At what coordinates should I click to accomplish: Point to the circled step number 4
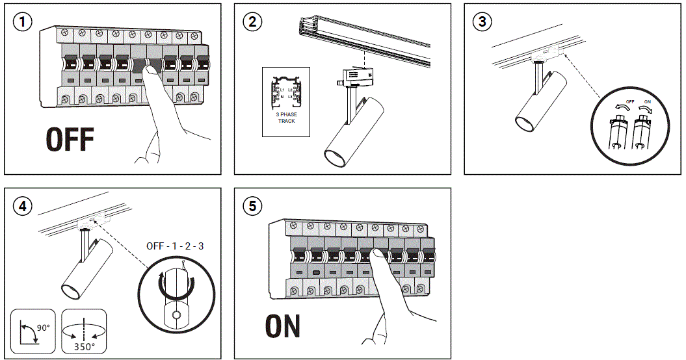[23, 206]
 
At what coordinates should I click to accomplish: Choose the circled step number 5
[252, 206]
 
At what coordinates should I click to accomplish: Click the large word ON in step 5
[283, 326]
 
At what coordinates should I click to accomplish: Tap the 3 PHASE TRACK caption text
[287, 118]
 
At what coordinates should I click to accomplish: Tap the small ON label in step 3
[646, 102]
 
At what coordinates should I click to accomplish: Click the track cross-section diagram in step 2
[287, 92]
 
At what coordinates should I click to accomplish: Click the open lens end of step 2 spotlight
[335, 157]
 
